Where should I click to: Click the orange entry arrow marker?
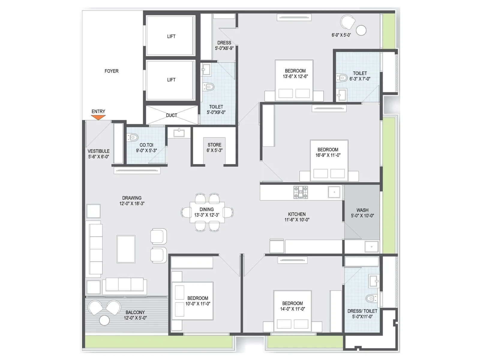point(98,117)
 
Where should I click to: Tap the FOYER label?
point(111,71)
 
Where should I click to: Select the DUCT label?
point(171,115)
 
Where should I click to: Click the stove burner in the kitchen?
point(301,192)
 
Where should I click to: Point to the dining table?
point(207,212)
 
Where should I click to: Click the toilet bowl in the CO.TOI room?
point(132,137)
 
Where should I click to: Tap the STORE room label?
point(214,145)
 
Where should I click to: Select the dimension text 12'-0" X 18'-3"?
point(132,203)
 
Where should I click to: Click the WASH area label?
point(362,210)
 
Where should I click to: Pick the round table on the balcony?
point(104,320)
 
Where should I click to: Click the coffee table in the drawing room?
point(126,249)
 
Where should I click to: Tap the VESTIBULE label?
point(98,151)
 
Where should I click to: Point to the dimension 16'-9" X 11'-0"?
point(328,155)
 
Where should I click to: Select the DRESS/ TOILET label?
point(362,311)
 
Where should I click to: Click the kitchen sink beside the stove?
point(334,192)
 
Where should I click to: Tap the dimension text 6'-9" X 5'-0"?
point(341,35)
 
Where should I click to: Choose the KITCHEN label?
point(297,214)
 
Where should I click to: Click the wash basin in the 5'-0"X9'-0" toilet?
point(205,70)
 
